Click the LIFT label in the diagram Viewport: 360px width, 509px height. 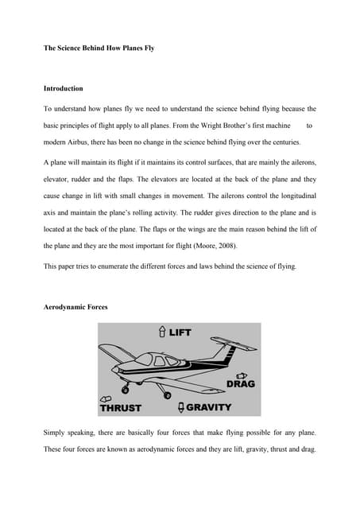180,332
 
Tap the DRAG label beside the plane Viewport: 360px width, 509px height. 241,384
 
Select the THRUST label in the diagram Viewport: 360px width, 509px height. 120,408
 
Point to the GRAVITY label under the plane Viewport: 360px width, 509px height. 209,407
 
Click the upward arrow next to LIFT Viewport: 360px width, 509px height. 161,332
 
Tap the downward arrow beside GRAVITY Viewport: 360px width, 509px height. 180,407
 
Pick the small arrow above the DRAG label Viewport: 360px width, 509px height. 242,375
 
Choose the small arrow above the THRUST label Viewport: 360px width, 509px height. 104,398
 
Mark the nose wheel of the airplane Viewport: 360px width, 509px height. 126,389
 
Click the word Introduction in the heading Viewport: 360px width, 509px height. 63,88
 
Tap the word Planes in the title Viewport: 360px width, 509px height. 127,49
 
